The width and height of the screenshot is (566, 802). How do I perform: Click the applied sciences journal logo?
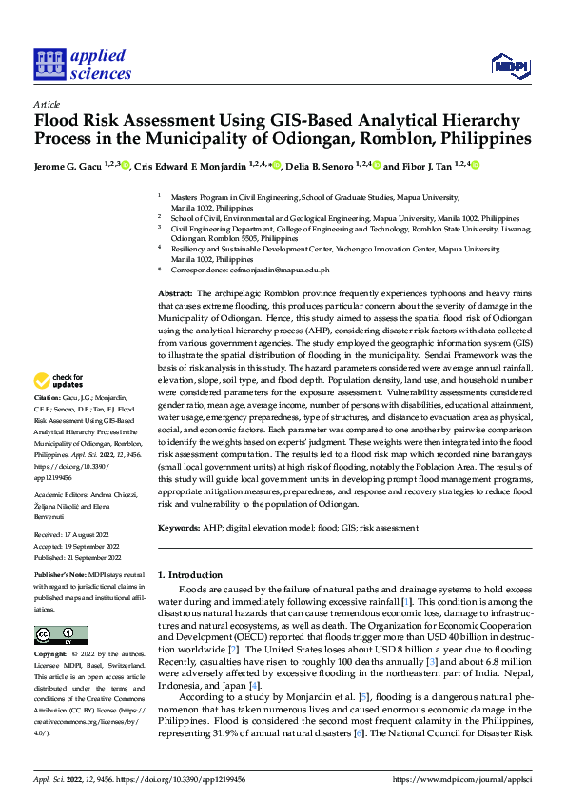pyautogui.click(x=82, y=64)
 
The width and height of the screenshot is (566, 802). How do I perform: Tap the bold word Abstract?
pyautogui.click(x=176, y=293)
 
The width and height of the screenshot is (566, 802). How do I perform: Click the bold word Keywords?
pyautogui.click(x=179, y=527)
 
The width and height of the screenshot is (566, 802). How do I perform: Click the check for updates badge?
pyautogui.click(x=59, y=381)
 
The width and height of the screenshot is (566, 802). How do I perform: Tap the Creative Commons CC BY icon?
pyautogui.click(x=60, y=634)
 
